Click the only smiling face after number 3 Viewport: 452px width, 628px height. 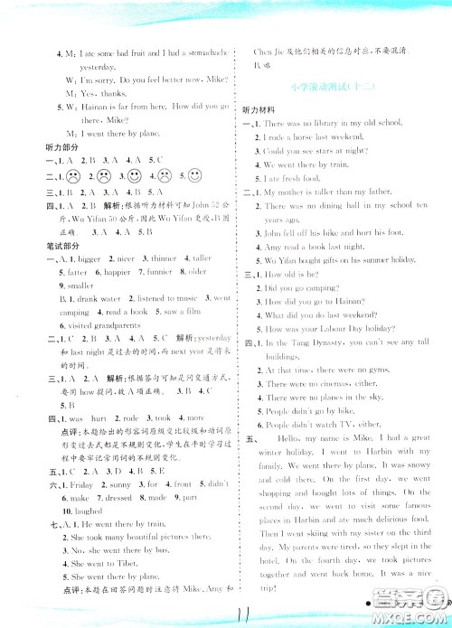tap(133, 175)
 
